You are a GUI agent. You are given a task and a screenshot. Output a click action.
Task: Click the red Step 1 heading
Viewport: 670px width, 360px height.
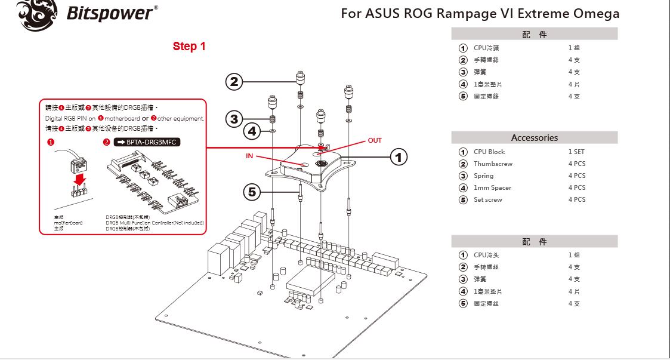[189, 46]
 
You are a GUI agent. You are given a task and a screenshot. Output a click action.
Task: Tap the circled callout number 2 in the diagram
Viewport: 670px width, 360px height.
[234, 82]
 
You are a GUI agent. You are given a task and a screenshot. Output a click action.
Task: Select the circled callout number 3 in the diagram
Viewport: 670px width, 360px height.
[234, 119]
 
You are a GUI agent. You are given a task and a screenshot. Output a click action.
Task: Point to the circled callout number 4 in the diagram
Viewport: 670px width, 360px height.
[252, 130]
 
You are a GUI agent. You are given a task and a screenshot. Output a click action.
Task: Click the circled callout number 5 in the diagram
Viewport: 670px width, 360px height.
[252, 192]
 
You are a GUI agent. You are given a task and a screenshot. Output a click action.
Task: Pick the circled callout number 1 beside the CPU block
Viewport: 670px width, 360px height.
[399, 157]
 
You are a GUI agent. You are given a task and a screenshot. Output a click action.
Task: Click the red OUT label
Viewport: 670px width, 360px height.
[375, 140]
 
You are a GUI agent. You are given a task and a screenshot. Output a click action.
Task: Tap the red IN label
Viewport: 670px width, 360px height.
[249, 156]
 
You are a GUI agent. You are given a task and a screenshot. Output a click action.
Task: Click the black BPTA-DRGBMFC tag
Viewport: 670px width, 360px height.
[146, 142]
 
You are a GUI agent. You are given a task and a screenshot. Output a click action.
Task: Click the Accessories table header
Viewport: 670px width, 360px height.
[534, 137]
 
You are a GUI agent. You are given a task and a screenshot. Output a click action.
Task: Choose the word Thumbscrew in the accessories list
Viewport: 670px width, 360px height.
[493, 164]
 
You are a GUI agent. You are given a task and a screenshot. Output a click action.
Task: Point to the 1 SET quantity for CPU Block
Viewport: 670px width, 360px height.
[576, 152]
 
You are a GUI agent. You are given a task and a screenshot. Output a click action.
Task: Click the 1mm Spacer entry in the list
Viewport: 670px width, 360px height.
[492, 187]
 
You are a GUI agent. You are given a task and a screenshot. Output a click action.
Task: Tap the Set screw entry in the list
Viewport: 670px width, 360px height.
[488, 199]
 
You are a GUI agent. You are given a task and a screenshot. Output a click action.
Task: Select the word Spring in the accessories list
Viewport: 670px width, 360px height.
[483, 176]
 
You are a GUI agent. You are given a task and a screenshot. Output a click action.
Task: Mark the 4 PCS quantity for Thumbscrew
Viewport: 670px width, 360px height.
[577, 164]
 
